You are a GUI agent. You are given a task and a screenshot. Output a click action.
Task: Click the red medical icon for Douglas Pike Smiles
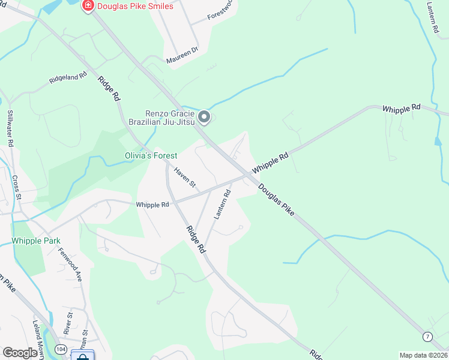point(88,6)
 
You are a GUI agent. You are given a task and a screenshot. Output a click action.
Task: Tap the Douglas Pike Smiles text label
point(136,6)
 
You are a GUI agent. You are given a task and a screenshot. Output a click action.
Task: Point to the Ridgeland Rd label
point(68,80)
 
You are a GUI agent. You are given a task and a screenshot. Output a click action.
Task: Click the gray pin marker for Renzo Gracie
point(204,117)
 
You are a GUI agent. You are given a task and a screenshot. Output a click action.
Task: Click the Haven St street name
point(185,176)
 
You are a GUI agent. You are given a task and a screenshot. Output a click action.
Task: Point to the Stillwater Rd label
point(10,128)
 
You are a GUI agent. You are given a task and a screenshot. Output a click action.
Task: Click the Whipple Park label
point(35,241)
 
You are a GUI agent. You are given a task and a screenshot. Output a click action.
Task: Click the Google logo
point(20,353)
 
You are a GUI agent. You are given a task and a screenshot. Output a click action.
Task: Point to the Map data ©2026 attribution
point(423,355)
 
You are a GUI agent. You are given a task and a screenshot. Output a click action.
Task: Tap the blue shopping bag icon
point(82,356)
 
